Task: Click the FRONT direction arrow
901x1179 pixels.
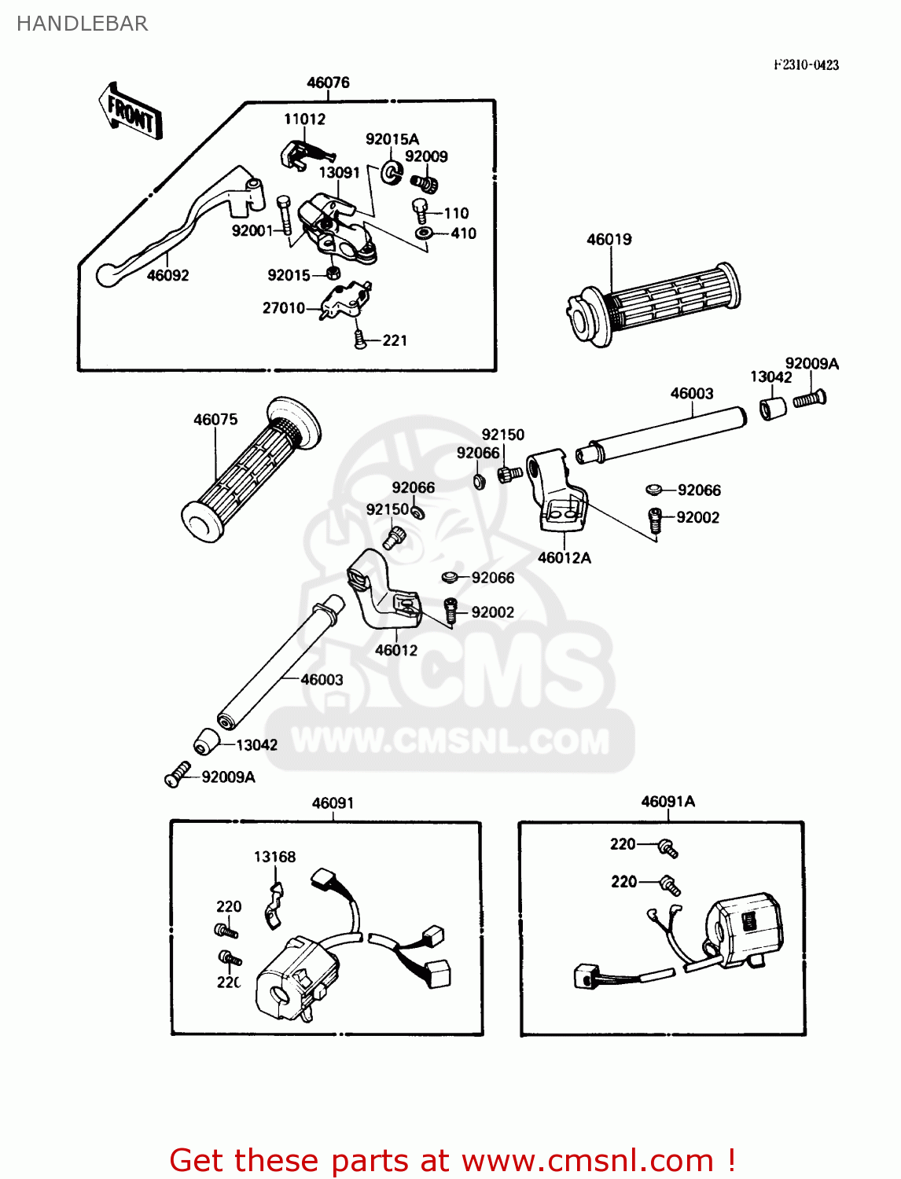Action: tap(131, 112)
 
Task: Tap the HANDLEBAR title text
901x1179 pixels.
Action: tap(82, 24)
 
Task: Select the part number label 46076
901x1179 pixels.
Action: tap(328, 83)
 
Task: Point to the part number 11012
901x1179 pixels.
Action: tap(304, 119)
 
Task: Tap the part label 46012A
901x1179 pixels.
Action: tap(564, 557)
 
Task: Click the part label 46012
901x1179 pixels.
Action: tap(395, 650)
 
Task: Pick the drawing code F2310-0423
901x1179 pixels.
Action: tap(806, 65)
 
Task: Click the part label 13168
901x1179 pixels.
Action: tap(274, 857)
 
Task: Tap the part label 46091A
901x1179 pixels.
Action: tap(667, 802)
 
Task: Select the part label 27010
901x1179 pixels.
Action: tap(283, 308)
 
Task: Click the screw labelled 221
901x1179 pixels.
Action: tap(361, 340)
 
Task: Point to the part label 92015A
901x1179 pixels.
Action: tap(392, 139)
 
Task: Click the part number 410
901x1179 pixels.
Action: tap(463, 233)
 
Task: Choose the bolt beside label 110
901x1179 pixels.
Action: tap(421, 211)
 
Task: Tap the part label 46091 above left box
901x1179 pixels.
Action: tap(333, 803)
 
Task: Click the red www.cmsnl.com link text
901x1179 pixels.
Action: tap(587, 1160)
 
